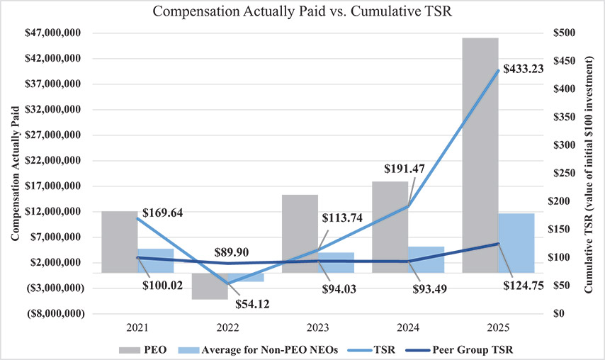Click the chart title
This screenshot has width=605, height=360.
[302, 11]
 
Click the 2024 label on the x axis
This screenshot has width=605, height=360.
[408, 329]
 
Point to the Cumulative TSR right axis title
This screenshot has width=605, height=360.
[589, 173]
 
